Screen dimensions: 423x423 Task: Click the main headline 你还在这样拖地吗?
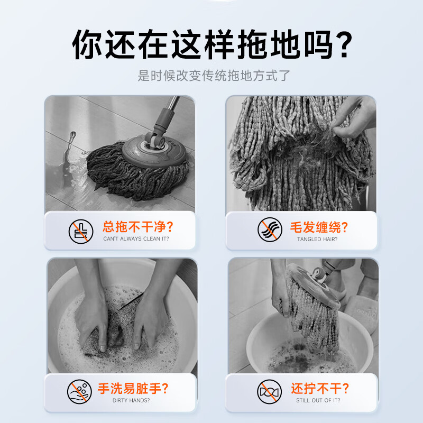click(x=212, y=44)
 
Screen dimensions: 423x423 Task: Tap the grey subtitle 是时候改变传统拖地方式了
click(x=214, y=76)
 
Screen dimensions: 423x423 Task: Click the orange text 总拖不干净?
click(x=137, y=227)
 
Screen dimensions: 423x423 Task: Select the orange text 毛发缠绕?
click(x=319, y=227)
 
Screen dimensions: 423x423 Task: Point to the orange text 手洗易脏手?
click(x=133, y=389)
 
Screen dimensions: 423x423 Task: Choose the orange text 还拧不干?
click(x=320, y=389)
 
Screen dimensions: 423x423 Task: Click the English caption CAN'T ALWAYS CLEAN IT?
click(x=136, y=239)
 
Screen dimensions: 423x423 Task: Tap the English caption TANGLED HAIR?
click(x=317, y=240)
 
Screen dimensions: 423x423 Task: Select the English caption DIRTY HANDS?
click(x=131, y=400)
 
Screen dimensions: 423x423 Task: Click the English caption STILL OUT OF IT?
click(x=318, y=400)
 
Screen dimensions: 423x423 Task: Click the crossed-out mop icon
click(x=81, y=232)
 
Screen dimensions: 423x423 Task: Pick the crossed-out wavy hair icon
click(x=270, y=229)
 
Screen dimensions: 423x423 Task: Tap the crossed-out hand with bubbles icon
click(x=79, y=392)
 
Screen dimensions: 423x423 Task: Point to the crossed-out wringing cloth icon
click(x=269, y=392)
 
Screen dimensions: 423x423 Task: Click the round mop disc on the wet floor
click(x=154, y=151)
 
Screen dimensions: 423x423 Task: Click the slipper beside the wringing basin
click(x=362, y=313)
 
